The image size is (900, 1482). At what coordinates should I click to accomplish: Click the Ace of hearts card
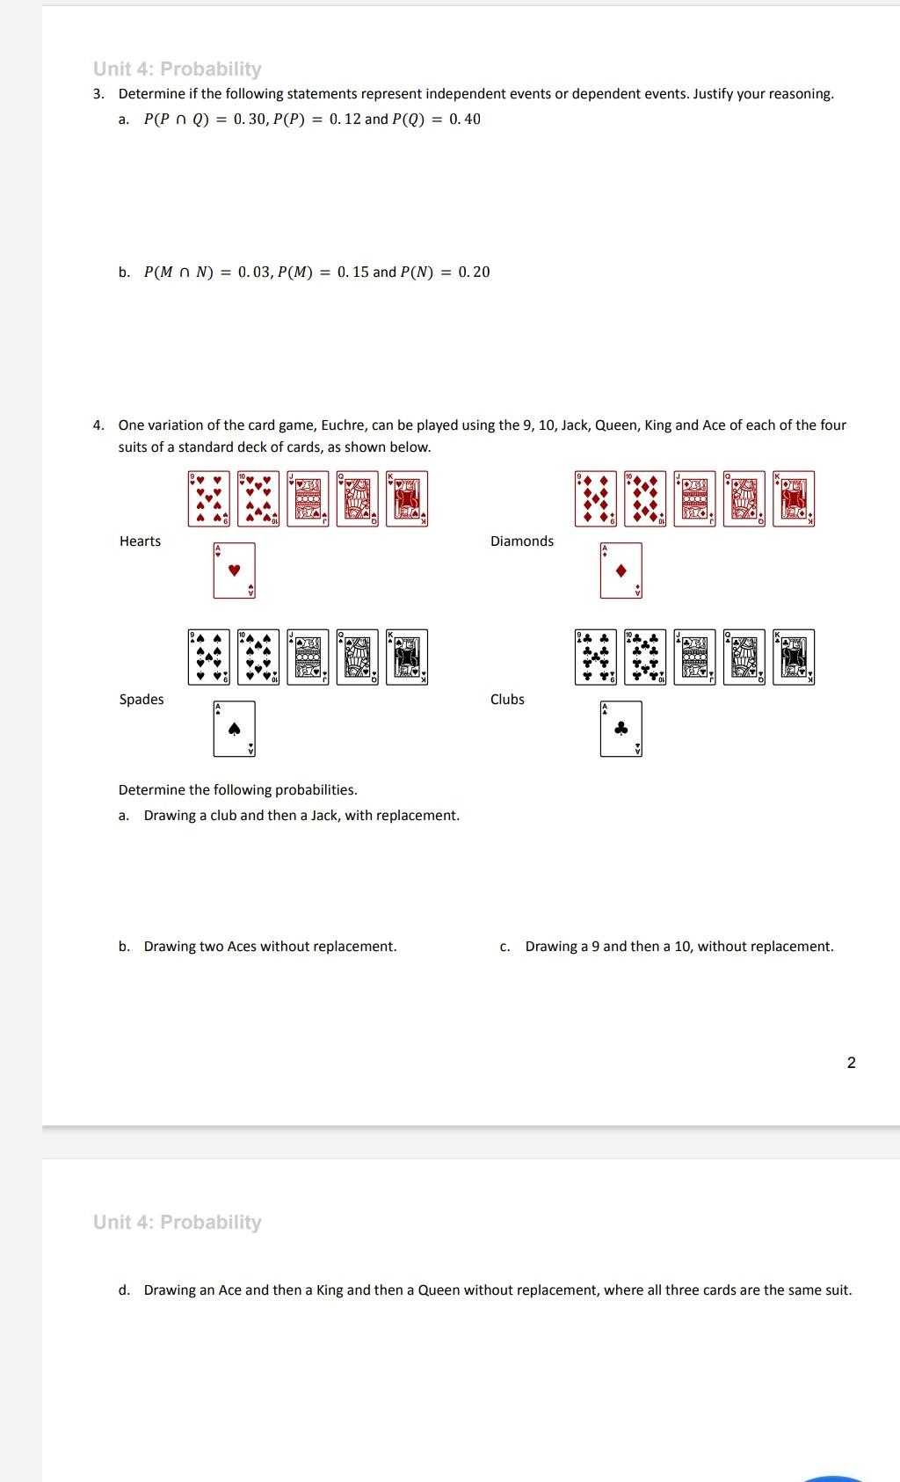coord(234,570)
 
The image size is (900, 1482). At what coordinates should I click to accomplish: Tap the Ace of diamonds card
coord(621,570)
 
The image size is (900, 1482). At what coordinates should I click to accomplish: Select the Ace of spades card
coord(234,729)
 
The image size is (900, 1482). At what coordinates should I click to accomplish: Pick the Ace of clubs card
coord(621,729)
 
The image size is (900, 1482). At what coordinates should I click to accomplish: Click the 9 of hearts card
coord(209,498)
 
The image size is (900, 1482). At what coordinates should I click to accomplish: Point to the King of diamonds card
coord(794,498)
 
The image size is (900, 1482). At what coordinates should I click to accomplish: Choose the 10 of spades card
coord(258,657)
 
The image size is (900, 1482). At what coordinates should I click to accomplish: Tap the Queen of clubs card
coord(744,657)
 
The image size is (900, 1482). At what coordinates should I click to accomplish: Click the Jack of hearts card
coord(308,498)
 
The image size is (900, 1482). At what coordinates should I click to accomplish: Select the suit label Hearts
coord(140,541)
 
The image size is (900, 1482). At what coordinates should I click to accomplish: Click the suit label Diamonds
coord(522,541)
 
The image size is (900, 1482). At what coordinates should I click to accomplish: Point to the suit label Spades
coord(142,700)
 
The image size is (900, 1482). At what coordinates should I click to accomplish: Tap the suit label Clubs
coord(507,700)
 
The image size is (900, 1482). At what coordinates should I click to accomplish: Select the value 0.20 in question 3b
coord(474,272)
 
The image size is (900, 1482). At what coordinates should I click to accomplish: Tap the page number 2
coord(851,1063)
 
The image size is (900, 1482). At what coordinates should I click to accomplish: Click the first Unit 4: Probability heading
coord(178,69)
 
